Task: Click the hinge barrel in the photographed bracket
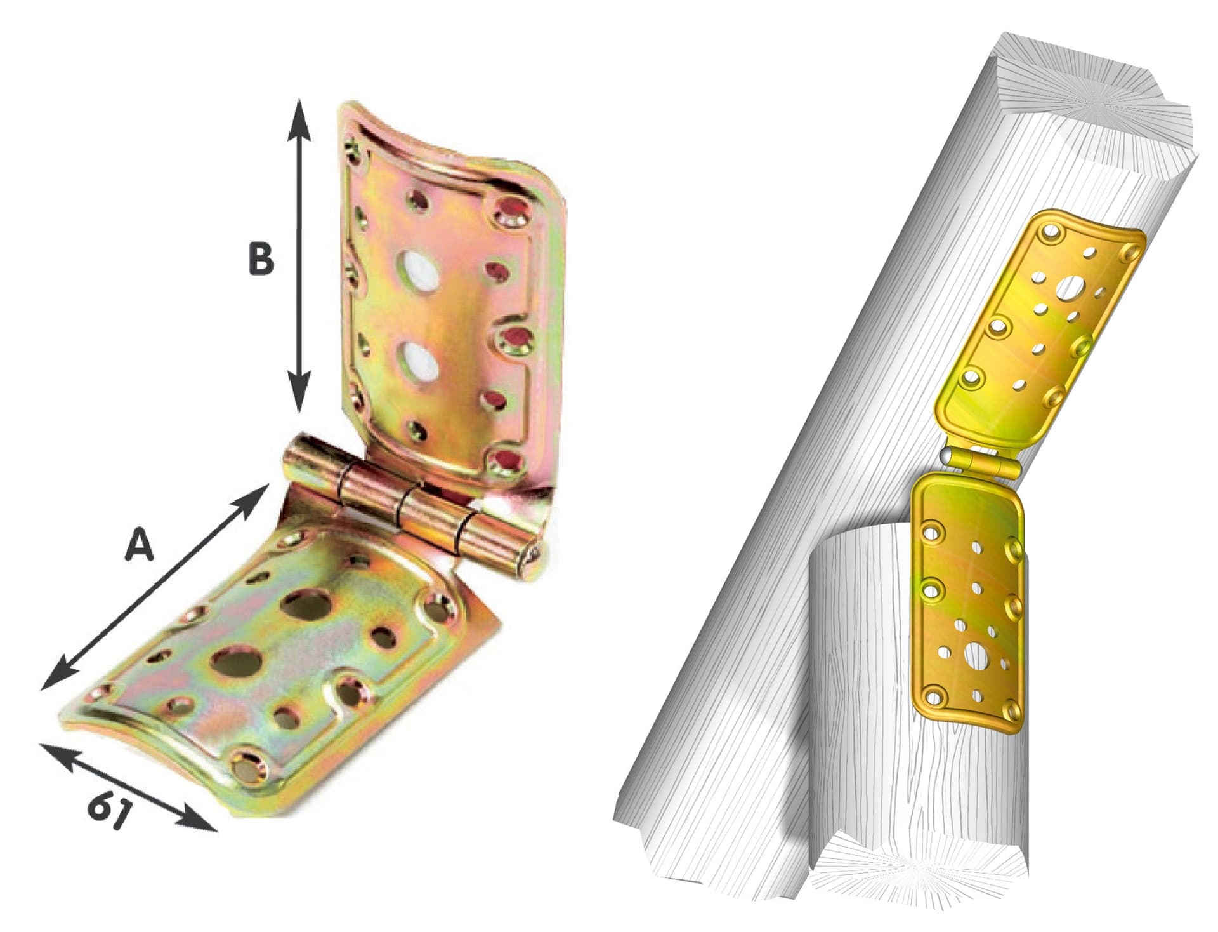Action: pos(412,505)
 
